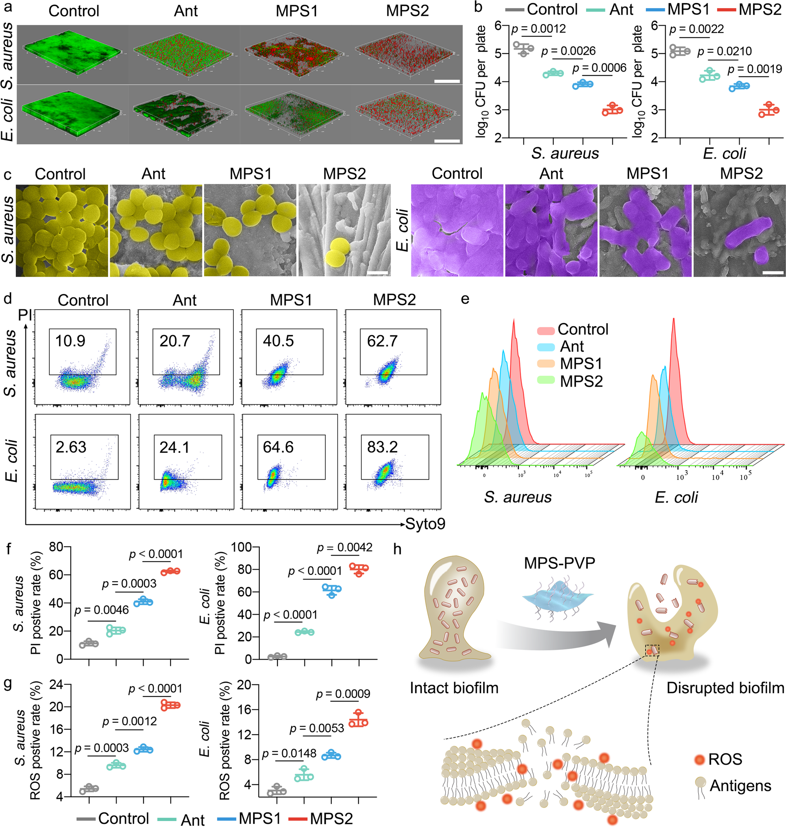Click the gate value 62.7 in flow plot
tap(382, 341)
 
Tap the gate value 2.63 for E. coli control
tap(71, 447)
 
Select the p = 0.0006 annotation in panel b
tap(599, 68)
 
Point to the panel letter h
tap(397, 549)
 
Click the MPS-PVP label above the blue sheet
tap(559, 563)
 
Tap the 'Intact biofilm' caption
tap(454, 688)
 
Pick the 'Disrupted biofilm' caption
tap(725, 688)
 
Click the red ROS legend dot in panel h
tap(699, 759)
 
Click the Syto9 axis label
tap(425, 524)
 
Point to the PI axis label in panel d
tap(25, 314)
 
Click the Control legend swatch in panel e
tap(546, 330)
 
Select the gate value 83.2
tap(382, 447)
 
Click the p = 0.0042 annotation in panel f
tap(344, 547)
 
